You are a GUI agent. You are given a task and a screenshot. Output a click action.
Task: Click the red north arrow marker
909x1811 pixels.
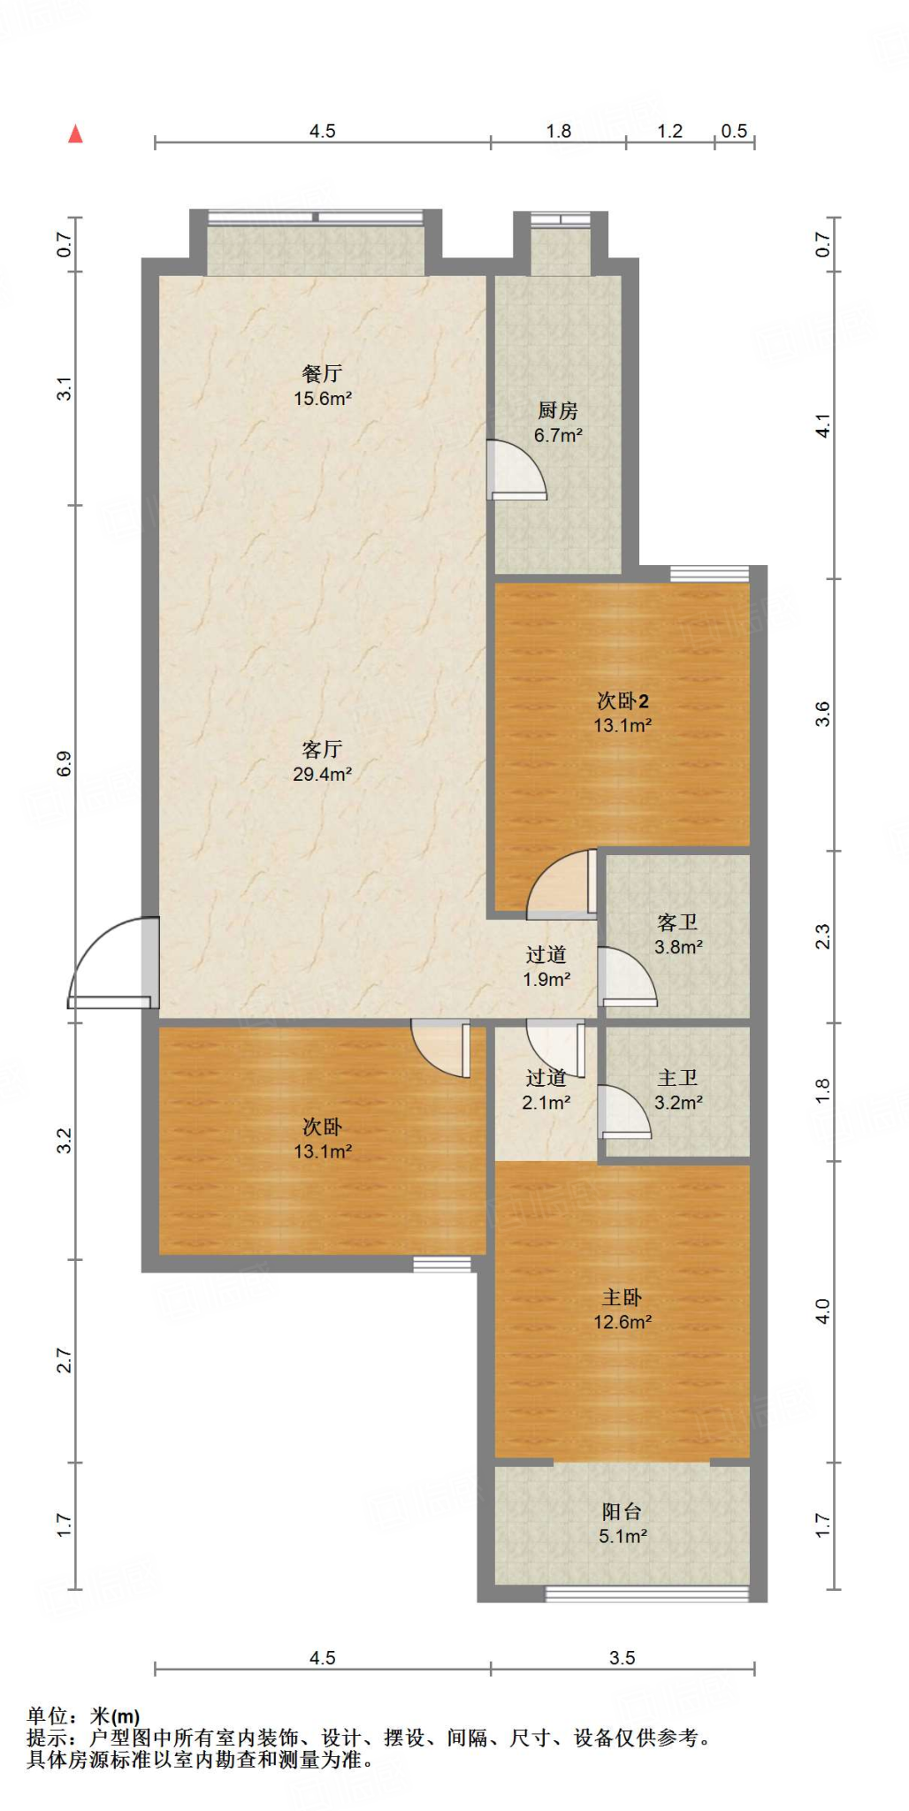(x=76, y=134)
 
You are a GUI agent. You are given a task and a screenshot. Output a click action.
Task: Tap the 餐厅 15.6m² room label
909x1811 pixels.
(x=323, y=386)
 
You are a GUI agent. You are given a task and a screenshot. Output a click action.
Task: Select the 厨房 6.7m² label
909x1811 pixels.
(x=558, y=423)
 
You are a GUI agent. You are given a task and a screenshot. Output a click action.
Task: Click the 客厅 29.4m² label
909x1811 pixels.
(x=323, y=761)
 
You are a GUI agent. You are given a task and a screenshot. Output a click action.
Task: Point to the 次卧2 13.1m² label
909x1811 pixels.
(x=623, y=713)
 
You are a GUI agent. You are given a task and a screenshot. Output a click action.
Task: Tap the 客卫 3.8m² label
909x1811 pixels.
(x=678, y=935)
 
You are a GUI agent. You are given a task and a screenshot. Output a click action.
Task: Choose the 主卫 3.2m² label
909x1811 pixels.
(x=678, y=1089)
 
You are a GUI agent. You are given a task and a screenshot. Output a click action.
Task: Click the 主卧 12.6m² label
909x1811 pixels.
(x=623, y=1310)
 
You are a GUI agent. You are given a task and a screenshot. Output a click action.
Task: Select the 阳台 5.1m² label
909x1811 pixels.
(x=623, y=1524)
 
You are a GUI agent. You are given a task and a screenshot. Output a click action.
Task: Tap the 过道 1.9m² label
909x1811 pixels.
(x=546, y=967)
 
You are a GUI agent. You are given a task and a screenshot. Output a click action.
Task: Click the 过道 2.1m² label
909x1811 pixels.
(x=546, y=1089)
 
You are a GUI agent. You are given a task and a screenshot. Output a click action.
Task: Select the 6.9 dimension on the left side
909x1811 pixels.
(x=64, y=763)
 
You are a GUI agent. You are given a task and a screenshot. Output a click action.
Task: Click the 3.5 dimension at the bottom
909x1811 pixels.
(x=623, y=1657)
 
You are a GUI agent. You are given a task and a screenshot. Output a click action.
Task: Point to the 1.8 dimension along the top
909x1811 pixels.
(x=559, y=131)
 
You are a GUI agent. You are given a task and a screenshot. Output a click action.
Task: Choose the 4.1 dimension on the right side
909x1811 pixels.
(x=823, y=425)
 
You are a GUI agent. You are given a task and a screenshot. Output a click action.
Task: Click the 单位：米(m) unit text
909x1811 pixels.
(x=83, y=1715)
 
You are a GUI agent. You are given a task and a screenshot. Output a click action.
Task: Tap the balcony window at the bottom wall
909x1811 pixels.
(x=646, y=1593)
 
